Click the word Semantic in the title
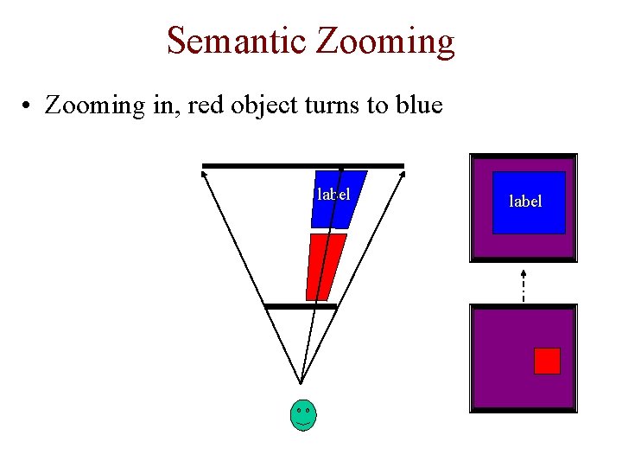click(x=235, y=41)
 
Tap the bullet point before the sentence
click(x=29, y=107)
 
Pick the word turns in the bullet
click(x=325, y=106)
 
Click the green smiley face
click(x=302, y=415)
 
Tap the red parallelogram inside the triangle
click(x=326, y=267)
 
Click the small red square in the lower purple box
click(x=547, y=361)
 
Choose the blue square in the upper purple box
click(x=529, y=202)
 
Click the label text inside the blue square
click(x=525, y=202)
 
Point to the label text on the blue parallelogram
click(x=333, y=195)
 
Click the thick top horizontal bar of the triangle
click(x=302, y=165)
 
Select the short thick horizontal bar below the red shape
click(x=300, y=306)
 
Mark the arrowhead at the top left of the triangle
click(x=204, y=174)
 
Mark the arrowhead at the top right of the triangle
click(x=402, y=174)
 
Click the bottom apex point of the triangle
click(x=301, y=382)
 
